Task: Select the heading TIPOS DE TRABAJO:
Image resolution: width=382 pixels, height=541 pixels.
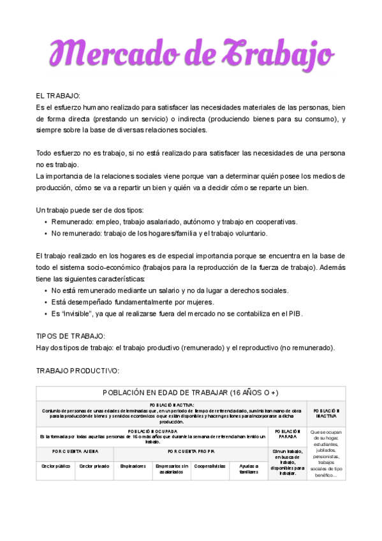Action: pos(71,336)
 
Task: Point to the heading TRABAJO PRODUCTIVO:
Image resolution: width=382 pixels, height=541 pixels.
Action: pos(78,371)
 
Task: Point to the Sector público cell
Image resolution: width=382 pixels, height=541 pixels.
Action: pos(55,466)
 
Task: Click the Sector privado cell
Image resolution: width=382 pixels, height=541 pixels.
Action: pos(94,466)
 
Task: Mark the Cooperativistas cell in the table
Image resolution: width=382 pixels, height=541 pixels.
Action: pos(210,466)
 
